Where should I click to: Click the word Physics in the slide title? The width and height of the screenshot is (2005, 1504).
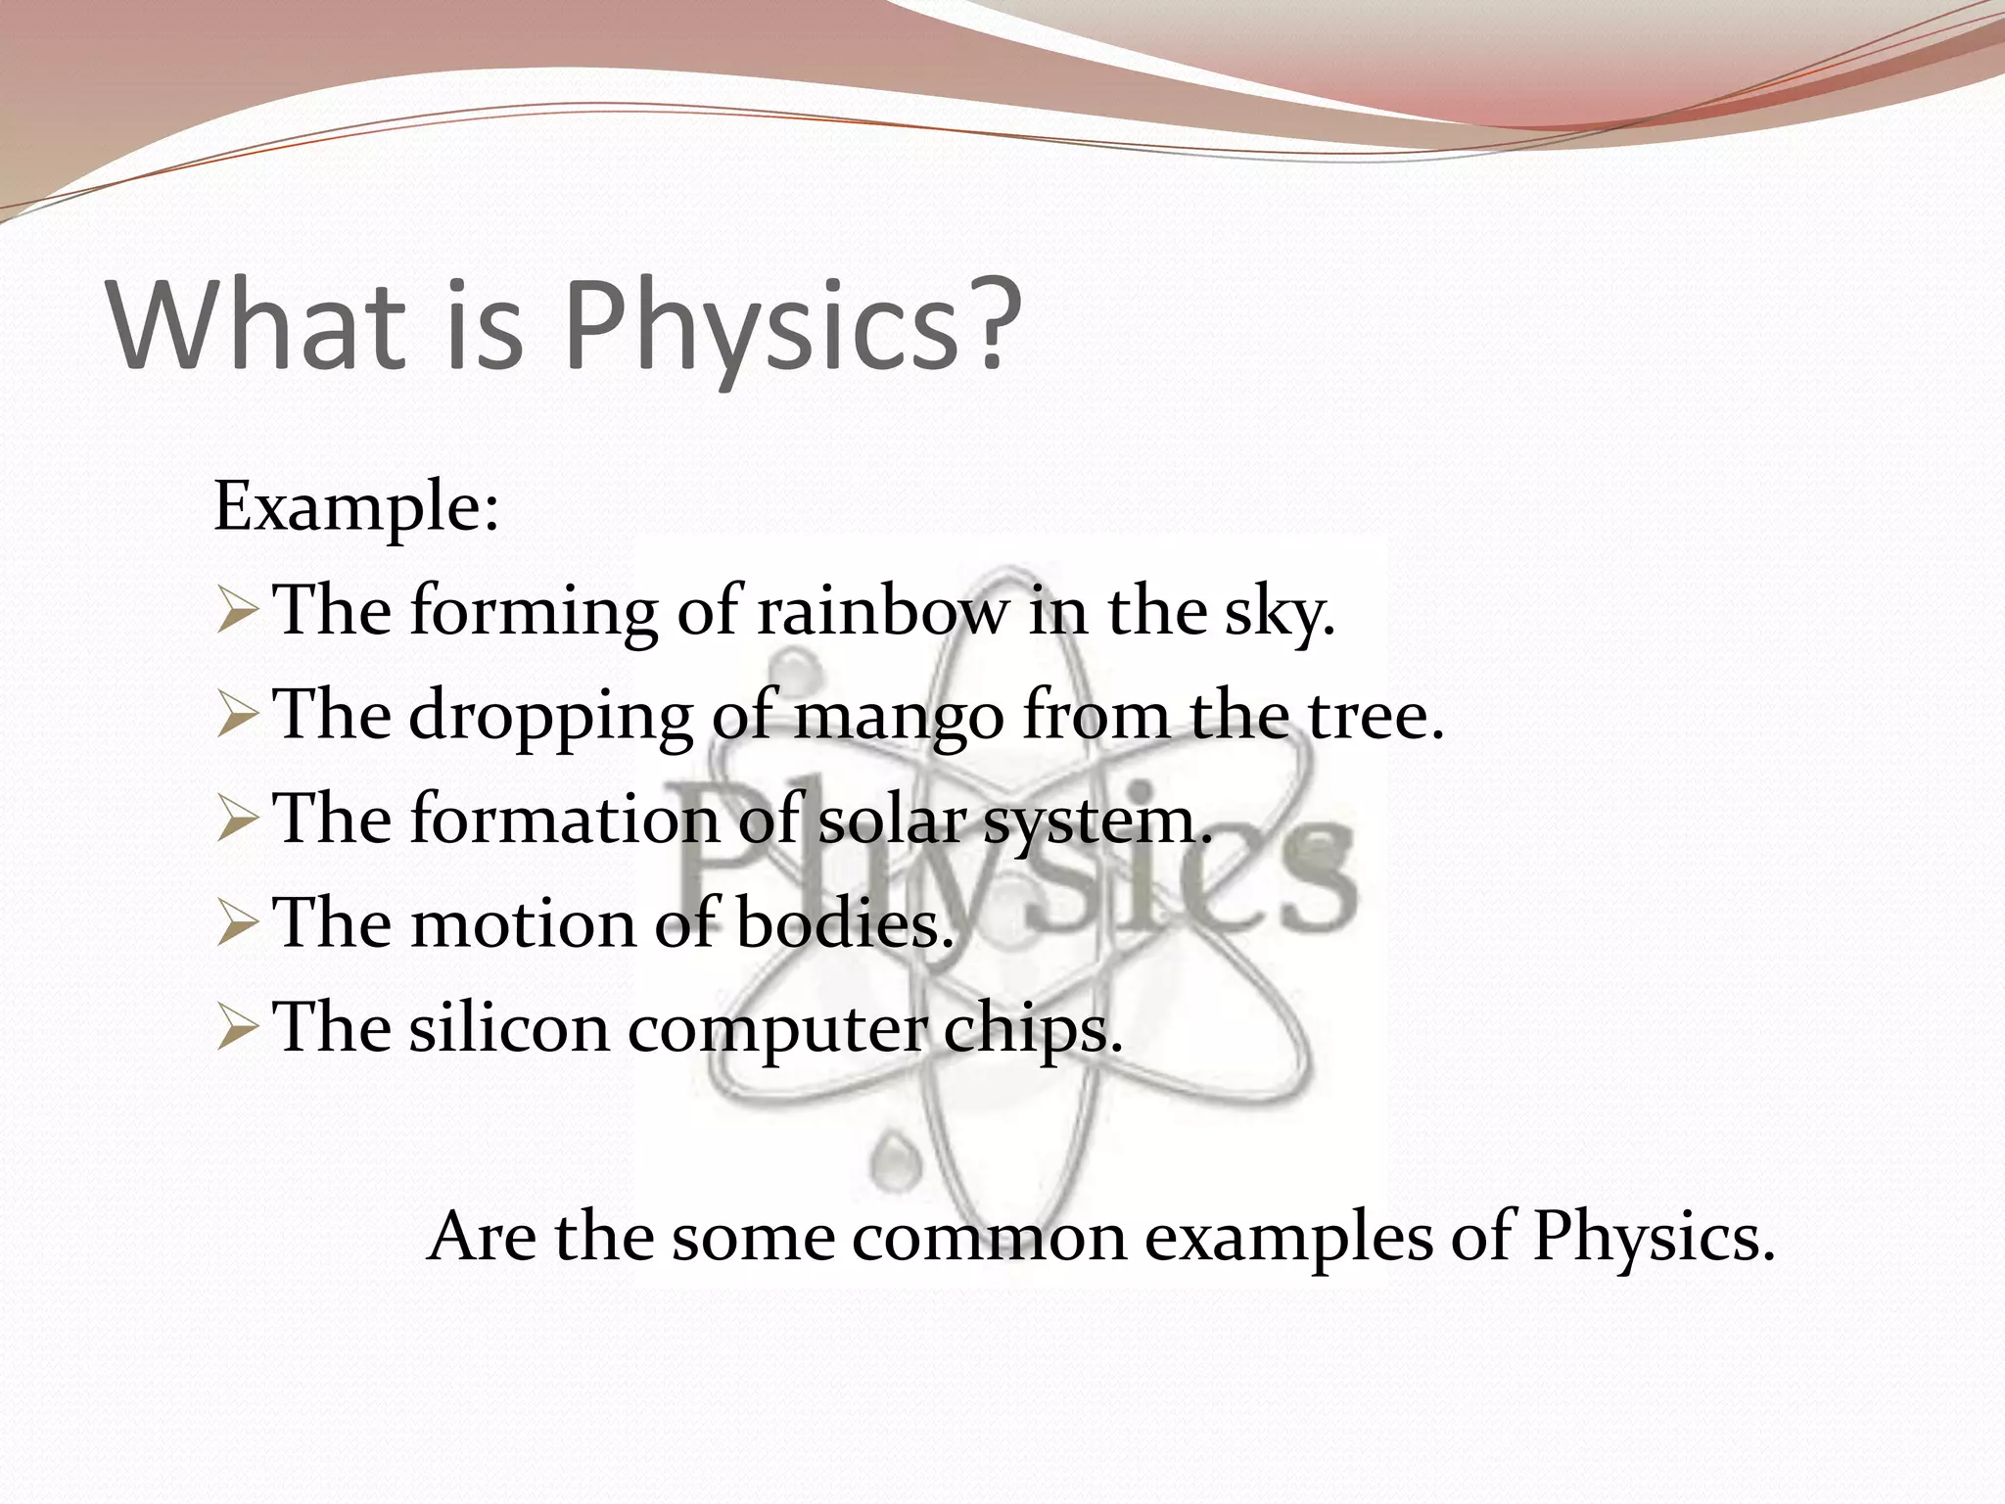pyautogui.click(x=759, y=325)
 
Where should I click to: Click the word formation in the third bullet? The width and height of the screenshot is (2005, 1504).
pyautogui.click(x=565, y=820)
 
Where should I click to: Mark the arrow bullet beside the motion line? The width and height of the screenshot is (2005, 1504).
pyautogui.click(x=237, y=924)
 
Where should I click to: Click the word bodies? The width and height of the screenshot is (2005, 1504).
pyautogui.click(x=844, y=924)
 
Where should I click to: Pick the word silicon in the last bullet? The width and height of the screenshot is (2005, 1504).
pyautogui.click(x=509, y=1028)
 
